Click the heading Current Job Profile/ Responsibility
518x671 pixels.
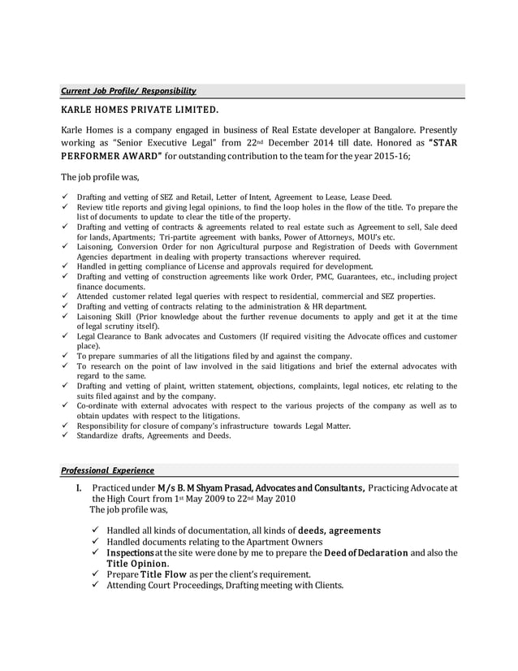pyautogui.click(x=128, y=91)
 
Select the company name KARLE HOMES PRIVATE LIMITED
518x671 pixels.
pyautogui.click(x=140, y=110)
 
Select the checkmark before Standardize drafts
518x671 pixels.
pyautogui.click(x=65, y=435)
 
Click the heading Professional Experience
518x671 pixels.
pyautogui.click(x=107, y=470)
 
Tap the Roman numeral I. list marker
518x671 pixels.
pyautogui.click(x=79, y=487)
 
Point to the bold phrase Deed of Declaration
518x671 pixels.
pyautogui.click(x=366, y=552)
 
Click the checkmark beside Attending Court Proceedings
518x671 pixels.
pyautogui.click(x=96, y=586)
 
